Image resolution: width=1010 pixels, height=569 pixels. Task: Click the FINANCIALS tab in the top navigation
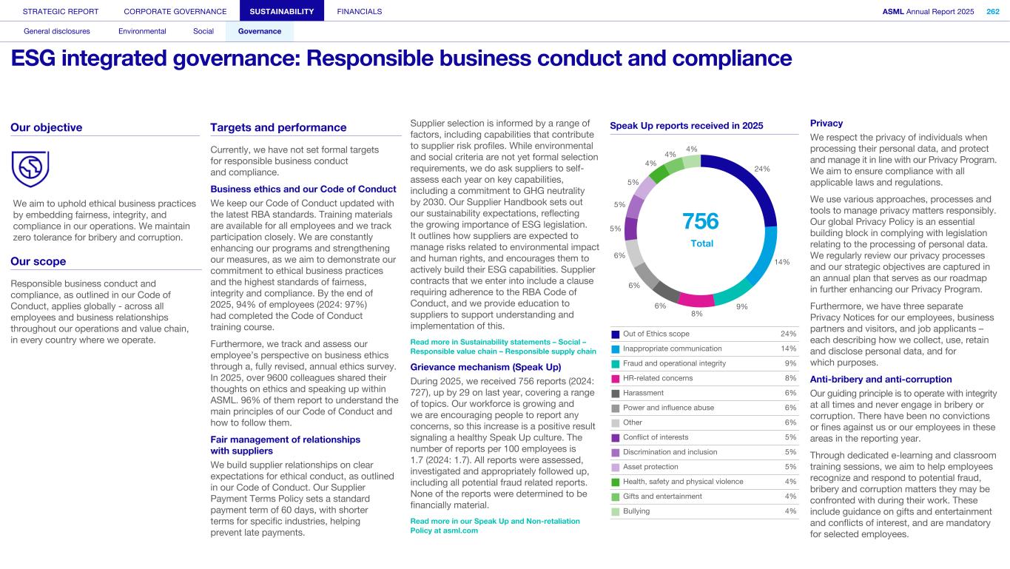[359, 11]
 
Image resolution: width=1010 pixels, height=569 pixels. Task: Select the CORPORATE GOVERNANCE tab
[175, 11]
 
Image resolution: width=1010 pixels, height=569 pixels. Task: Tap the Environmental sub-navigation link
[142, 31]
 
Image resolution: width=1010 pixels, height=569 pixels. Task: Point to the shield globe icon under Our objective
[30, 169]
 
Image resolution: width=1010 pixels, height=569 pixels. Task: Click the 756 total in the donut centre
[700, 221]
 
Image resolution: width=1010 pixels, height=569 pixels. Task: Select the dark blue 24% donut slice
[747, 181]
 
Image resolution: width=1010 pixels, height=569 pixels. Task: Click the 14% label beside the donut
[782, 262]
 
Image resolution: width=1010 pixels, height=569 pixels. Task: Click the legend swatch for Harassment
[616, 393]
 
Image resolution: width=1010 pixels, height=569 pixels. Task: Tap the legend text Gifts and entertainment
[662, 496]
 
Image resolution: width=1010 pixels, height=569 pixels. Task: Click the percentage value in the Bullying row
[789, 511]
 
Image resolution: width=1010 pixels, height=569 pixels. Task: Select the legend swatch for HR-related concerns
[616, 378]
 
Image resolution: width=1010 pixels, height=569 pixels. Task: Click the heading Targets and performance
[278, 127]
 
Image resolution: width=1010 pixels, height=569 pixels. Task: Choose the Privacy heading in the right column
[826, 124]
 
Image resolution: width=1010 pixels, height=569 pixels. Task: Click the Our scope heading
[38, 261]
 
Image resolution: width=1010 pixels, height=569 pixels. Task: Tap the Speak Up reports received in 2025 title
[686, 126]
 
